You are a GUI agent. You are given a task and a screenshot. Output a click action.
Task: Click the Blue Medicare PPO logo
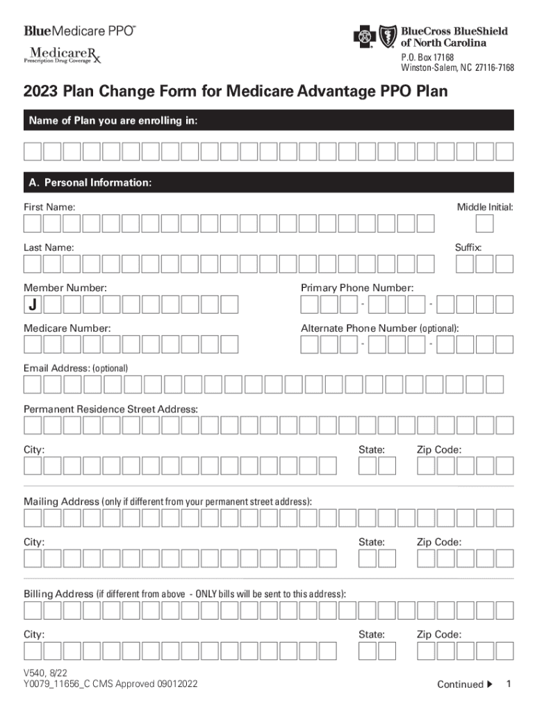[x=80, y=31]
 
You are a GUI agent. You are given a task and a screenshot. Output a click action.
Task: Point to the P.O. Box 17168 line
[x=425, y=56]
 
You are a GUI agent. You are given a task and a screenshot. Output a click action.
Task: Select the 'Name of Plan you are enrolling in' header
[x=113, y=121]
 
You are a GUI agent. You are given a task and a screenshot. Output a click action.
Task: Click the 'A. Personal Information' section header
[x=90, y=183]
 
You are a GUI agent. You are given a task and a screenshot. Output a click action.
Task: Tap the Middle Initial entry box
[x=485, y=223]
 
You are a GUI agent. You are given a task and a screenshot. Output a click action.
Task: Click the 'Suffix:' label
[x=468, y=248]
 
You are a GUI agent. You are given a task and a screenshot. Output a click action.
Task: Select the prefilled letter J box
[x=33, y=305]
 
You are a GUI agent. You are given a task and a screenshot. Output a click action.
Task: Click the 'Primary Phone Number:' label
[x=357, y=288]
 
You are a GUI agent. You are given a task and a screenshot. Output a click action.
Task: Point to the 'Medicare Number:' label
[x=67, y=328]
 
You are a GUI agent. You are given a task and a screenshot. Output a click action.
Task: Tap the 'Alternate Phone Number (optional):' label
[x=379, y=328]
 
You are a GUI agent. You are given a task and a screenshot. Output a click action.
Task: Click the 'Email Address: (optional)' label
[x=76, y=367]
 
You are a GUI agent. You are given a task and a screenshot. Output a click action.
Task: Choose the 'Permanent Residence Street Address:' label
[x=110, y=410]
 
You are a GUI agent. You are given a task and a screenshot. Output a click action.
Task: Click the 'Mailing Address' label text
[x=62, y=501]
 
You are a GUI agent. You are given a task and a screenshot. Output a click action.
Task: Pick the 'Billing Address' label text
[x=58, y=594]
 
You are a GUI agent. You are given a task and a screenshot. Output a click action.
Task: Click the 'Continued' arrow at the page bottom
[x=490, y=685]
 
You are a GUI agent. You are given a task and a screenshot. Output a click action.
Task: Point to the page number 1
[x=509, y=684]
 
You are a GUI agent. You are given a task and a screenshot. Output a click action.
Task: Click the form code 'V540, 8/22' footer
[x=46, y=672]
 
